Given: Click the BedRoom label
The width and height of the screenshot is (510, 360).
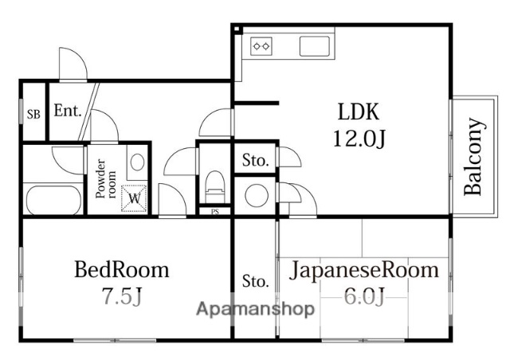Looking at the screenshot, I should click(122, 269).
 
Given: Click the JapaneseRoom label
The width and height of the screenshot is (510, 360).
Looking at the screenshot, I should click(363, 269).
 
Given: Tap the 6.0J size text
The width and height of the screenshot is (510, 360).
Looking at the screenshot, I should click(363, 297).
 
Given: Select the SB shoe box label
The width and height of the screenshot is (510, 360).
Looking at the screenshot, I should click(33, 113).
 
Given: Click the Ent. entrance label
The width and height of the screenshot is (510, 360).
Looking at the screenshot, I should click(68, 112).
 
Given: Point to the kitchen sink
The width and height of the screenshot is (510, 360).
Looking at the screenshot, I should click(316, 45).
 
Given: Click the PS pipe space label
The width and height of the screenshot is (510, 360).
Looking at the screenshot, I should click(215, 212).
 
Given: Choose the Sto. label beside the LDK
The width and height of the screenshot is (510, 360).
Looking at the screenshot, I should click(255, 160).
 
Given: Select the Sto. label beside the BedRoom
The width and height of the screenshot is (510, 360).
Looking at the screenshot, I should click(255, 280).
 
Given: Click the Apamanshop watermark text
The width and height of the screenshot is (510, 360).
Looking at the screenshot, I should click(255, 311).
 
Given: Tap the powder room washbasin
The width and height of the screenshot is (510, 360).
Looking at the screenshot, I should click(136, 163).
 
